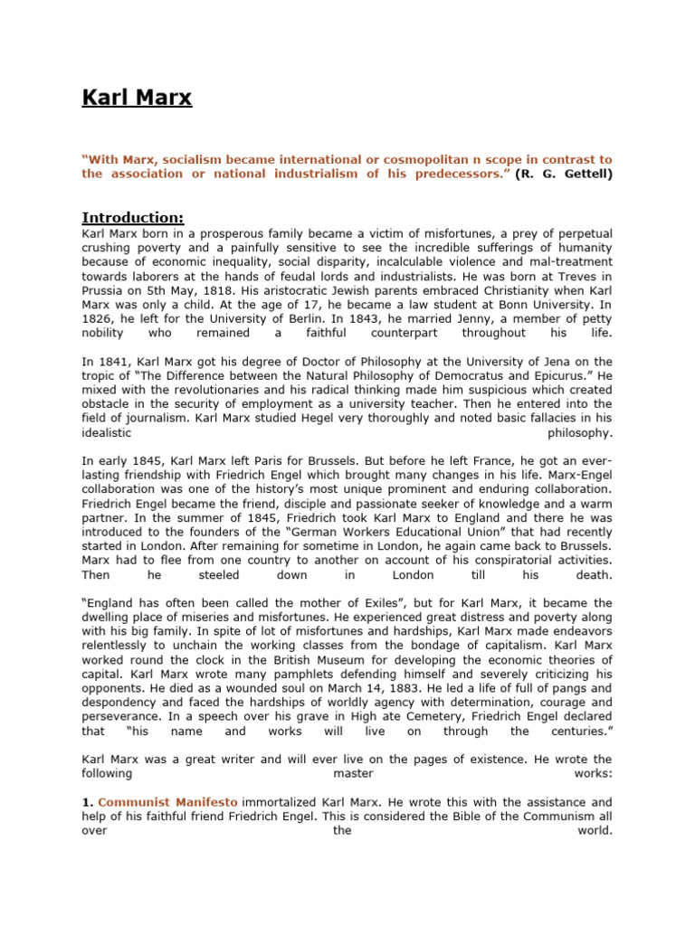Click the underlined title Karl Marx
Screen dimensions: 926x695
tap(137, 98)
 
